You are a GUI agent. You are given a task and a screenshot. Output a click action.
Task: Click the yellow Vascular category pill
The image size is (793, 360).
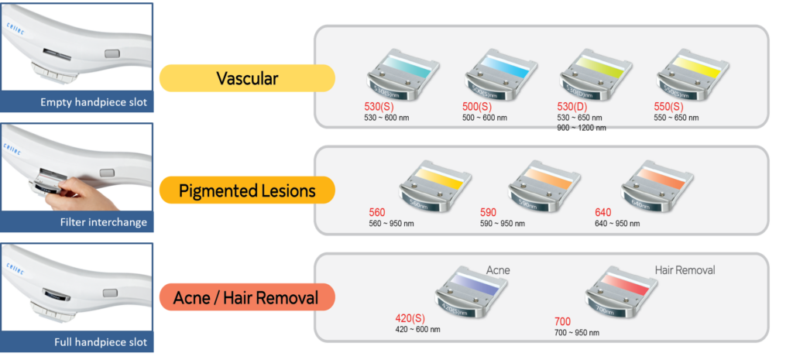pyautogui.click(x=246, y=78)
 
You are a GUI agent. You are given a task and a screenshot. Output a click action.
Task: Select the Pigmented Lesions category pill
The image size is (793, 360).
pyautogui.click(x=246, y=190)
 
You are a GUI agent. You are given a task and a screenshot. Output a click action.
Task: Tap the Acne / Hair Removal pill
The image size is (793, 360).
pyautogui.click(x=246, y=297)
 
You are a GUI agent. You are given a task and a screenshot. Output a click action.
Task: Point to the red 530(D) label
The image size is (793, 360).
pyautogui.click(x=572, y=107)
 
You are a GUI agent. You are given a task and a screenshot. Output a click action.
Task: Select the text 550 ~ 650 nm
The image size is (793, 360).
pyautogui.click(x=677, y=118)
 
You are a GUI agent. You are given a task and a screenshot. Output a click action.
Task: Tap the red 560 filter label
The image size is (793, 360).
pyautogui.click(x=377, y=212)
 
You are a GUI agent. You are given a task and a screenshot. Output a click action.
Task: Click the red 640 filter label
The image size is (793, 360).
pyautogui.click(x=603, y=212)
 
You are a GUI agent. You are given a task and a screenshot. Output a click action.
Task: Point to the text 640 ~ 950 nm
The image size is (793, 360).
pyautogui.click(x=617, y=223)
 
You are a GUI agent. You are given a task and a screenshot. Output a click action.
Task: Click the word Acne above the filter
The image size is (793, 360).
pyautogui.click(x=498, y=270)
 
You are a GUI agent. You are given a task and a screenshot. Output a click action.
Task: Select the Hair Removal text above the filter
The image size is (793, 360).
pyautogui.click(x=685, y=270)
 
